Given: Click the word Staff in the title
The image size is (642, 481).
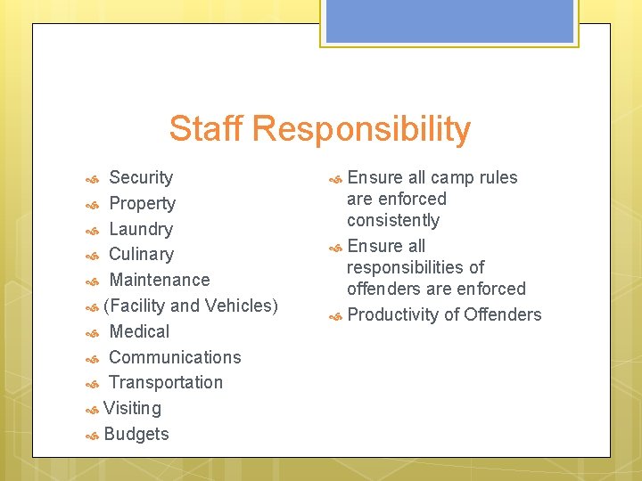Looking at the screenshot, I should pos(206,129).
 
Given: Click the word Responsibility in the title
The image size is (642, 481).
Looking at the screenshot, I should pos(360,130).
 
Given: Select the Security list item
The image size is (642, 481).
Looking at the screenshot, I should pos(141,177).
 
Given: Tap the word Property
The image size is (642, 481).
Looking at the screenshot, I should pos(142,204).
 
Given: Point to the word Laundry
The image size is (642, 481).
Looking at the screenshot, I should pos(141,229).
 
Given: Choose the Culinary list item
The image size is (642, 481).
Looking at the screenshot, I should pos(141,255).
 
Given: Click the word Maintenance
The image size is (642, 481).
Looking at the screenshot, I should pos(159,280).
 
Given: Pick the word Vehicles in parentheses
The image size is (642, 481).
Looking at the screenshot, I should pos(241,306).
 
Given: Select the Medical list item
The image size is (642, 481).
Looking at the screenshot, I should pos(138,331).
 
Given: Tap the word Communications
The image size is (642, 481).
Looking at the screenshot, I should pos(175,357).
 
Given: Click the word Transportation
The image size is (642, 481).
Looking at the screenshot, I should pos(166,382).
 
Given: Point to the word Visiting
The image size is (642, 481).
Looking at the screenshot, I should pos(132,408).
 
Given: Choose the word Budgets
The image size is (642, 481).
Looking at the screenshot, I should pos(136,434).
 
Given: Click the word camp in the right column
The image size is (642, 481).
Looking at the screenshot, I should pos(452,177).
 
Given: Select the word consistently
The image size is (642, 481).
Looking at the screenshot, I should pos(393,220).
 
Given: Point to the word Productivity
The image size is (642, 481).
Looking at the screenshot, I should pos(389,314).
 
